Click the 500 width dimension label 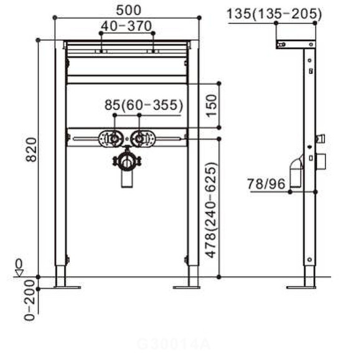[127, 10]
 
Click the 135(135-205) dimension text [274, 13]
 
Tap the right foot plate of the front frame [186, 286]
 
